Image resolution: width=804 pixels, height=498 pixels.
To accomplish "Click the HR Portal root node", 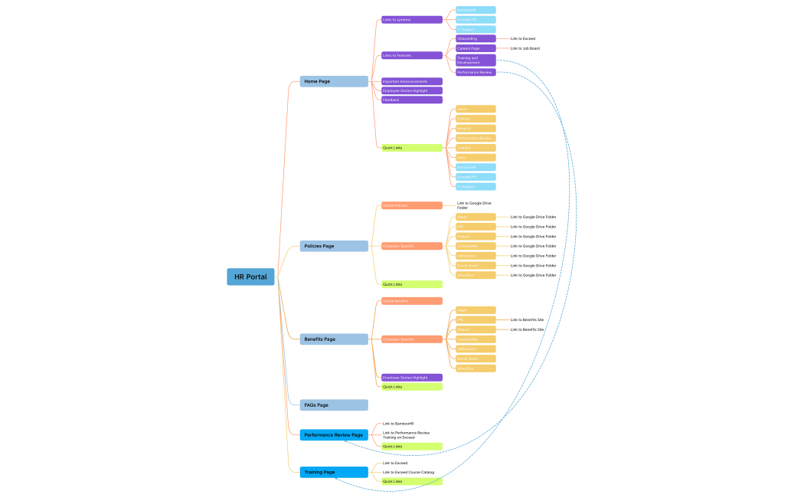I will pos(250,277).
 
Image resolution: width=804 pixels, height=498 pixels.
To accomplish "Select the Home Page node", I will pos(334,81).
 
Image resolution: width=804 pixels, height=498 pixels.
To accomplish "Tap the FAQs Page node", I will pos(334,405).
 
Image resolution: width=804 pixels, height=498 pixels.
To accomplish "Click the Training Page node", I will pos(334,472).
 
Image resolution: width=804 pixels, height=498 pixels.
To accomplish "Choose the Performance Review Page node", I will pos(334,434).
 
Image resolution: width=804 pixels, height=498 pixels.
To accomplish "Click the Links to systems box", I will pos(411,20).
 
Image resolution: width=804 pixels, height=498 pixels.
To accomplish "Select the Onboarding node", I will pos(476,38).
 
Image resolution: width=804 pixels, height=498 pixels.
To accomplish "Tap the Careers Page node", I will pos(476,48).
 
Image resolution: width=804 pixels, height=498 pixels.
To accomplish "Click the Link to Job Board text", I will pos(525,48).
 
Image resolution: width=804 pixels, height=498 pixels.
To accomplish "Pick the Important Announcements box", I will pos(411,81).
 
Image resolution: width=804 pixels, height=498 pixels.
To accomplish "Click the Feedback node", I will pos(411,100).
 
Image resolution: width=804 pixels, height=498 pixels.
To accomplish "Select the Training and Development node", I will pos(476,60).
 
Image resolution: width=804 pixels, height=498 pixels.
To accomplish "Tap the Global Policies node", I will pos(411,205).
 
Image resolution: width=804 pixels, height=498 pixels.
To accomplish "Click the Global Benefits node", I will pos(411,301).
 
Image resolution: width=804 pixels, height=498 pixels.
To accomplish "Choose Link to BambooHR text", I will pos(398,424).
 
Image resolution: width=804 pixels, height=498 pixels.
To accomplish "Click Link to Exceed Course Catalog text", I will pos(408,472).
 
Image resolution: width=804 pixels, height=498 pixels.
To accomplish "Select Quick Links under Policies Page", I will pos(411,284).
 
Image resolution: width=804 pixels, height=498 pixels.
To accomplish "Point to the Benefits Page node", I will pos(334,339).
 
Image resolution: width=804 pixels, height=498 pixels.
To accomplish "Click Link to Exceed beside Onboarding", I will pos(523,38).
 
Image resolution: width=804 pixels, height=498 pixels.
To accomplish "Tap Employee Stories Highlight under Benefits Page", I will pos(411,377).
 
